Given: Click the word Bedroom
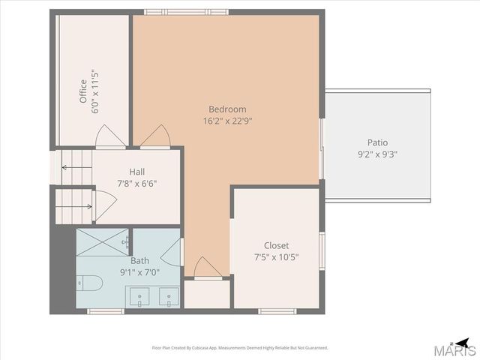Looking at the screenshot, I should [x=227, y=109].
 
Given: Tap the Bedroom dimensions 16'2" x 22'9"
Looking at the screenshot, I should [x=227, y=120].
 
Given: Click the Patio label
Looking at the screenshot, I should [x=377, y=142].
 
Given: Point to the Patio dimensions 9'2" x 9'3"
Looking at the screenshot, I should [x=377, y=154].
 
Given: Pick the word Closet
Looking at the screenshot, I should [x=276, y=245].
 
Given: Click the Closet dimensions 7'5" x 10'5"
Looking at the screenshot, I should [x=276, y=257].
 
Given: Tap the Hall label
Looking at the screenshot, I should [x=136, y=171].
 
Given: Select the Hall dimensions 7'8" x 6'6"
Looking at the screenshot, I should [x=136, y=183].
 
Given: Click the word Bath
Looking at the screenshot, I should [x=139, y=260].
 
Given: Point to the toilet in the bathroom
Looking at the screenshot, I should [x=89, y=284].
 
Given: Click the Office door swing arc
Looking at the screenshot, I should [x=106, y=137].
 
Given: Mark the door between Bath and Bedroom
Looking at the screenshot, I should [x=172, y=251].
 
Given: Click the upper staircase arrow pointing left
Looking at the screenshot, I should [x=74, y=166].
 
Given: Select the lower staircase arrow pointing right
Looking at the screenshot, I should [x=78, y=205].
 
